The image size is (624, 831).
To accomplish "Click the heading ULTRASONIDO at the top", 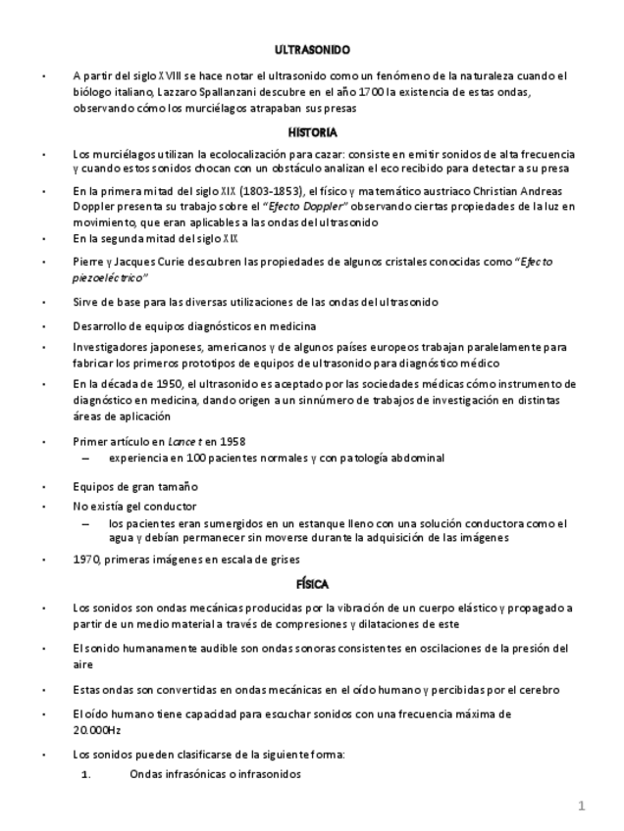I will [312, 48].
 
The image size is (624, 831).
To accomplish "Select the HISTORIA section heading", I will [312, 132].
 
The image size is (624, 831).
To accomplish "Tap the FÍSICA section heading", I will [312, 584].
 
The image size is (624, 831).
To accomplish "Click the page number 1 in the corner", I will [581, 807].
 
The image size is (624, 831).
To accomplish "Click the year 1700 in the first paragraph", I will [371, 92].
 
